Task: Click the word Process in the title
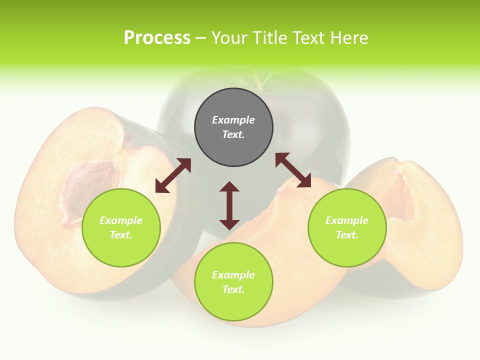click(x=157, y=38)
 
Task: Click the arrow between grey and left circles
click(x=173, y=175)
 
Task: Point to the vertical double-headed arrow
click(x=229, y=205)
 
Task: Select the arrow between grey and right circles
click(x=293, y=170)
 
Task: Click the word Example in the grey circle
click(x=233, y=120)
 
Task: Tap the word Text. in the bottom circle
click(x=233, y=289)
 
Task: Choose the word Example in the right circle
click(x=347, y=220)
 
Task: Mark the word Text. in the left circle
click(x=121, y=235)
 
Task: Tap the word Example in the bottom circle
click(x=233, y=275)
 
